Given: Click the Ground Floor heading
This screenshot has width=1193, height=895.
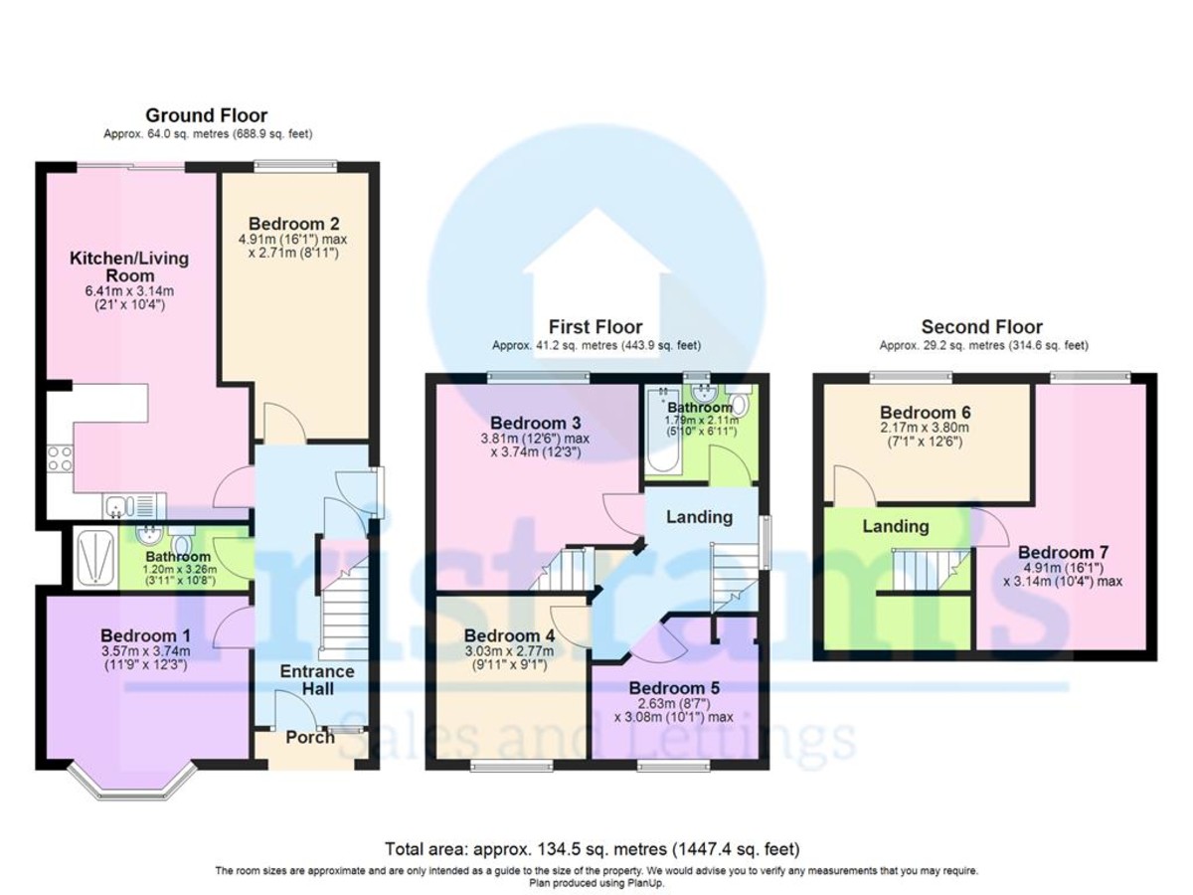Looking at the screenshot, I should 206,115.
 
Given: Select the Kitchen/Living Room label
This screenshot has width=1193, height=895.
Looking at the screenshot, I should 128,267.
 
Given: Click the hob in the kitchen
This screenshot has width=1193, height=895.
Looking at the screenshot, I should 60,458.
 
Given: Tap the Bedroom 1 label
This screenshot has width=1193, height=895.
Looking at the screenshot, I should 145,635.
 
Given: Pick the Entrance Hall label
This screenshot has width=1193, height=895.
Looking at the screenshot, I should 317,680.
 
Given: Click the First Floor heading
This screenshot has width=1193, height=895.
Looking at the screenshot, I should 596,326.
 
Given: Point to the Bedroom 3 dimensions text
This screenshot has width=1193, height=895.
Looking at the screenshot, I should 534,444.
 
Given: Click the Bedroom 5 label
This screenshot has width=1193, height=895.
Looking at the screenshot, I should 674,687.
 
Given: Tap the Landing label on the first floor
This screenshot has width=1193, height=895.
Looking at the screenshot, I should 699,516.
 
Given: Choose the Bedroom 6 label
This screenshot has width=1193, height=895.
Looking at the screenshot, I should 926,412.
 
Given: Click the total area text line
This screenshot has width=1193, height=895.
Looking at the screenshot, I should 593,849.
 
